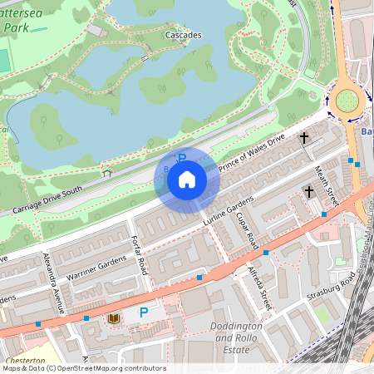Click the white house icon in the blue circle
(x=187, y=179)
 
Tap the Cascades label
(x=183, y=36)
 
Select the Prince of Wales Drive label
(x=251, y=152)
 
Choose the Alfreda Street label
(x=260, y=288)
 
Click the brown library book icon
(x=113, y=318)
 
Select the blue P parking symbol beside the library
(x=144, y=312)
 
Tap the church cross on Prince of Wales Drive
(x=304, y=137)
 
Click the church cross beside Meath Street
(x=309, y=192)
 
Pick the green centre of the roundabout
(x=347, y=101)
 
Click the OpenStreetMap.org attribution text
(x=116, y=368)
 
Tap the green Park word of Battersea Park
(x=15, y=27)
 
